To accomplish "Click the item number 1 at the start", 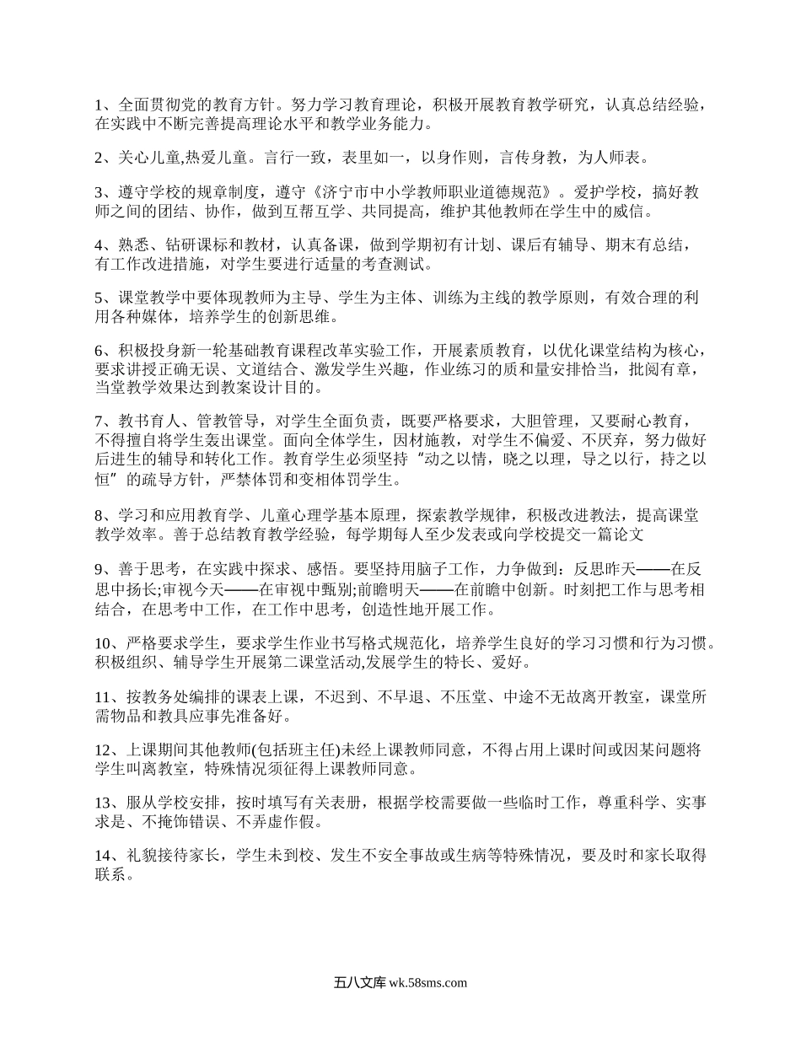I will [99, 105].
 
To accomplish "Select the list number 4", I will [99, 245].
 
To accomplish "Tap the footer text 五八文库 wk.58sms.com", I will [400, 982].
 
